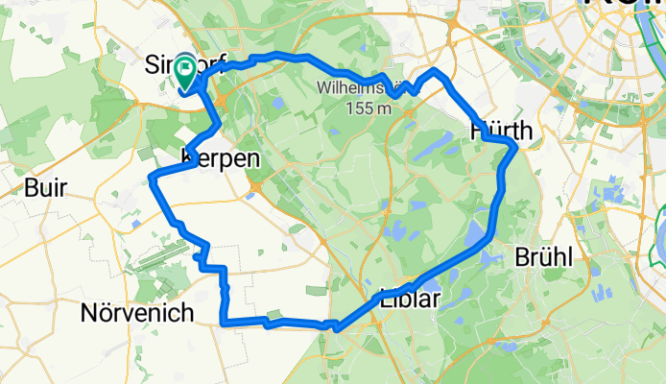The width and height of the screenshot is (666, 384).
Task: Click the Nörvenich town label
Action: pyautogui.click(x=137, y=313)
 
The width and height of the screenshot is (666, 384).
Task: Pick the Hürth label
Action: pyautogui.click(x=495, y=130)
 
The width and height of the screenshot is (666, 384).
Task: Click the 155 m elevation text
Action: pyautogui.click(x=369, y=108)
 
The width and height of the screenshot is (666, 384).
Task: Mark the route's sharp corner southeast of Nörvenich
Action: pyautogui.click(x=224, y=324)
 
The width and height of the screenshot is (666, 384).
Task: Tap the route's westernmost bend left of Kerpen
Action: pyautogui.click(x=154, y=178)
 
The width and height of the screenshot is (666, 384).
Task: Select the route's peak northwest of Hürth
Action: pyautogui.click(x=435, y=72)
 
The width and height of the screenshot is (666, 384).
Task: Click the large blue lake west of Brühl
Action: pyautogui.click(x=474, y=235)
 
